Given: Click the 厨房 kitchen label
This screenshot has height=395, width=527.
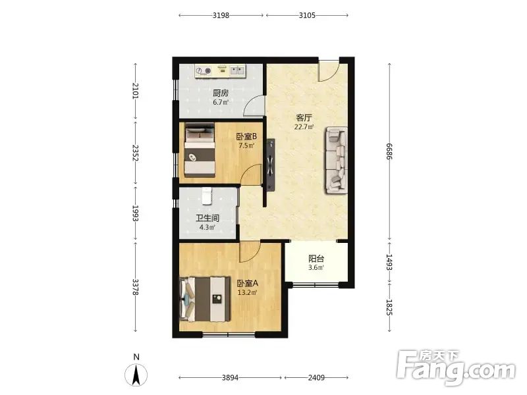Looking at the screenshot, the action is point(221,93).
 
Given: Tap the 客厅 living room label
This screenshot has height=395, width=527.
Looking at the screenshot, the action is point(304,118).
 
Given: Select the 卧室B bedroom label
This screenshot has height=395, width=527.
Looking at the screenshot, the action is point(246,136).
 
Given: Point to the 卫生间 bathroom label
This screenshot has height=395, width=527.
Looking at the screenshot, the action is point(208,219).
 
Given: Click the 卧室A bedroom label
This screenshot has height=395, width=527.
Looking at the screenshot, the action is point(248,283).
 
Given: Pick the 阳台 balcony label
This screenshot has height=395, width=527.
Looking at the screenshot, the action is point(316,259).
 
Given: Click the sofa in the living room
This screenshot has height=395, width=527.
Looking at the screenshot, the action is point(336,160).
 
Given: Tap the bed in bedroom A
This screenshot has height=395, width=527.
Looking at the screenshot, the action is point(205,299).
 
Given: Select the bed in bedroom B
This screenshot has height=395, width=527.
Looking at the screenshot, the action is point(200,150).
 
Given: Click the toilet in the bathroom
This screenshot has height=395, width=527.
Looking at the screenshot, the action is point(207,196).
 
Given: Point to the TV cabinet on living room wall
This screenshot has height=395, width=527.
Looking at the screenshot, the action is point(270,165).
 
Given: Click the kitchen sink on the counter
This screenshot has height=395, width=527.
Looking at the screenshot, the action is point(237,70).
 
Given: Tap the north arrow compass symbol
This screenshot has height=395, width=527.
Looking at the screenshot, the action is point(136,375).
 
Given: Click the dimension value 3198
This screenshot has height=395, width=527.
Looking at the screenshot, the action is point(221,15).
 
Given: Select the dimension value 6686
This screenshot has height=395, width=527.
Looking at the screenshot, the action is point(389,151).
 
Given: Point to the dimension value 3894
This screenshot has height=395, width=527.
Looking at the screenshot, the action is point(230,377).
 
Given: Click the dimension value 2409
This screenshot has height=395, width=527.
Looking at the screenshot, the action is point(316,377).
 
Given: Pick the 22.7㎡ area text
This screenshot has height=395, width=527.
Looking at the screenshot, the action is point(304,127).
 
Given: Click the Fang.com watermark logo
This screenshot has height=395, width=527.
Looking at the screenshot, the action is point(456,368).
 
